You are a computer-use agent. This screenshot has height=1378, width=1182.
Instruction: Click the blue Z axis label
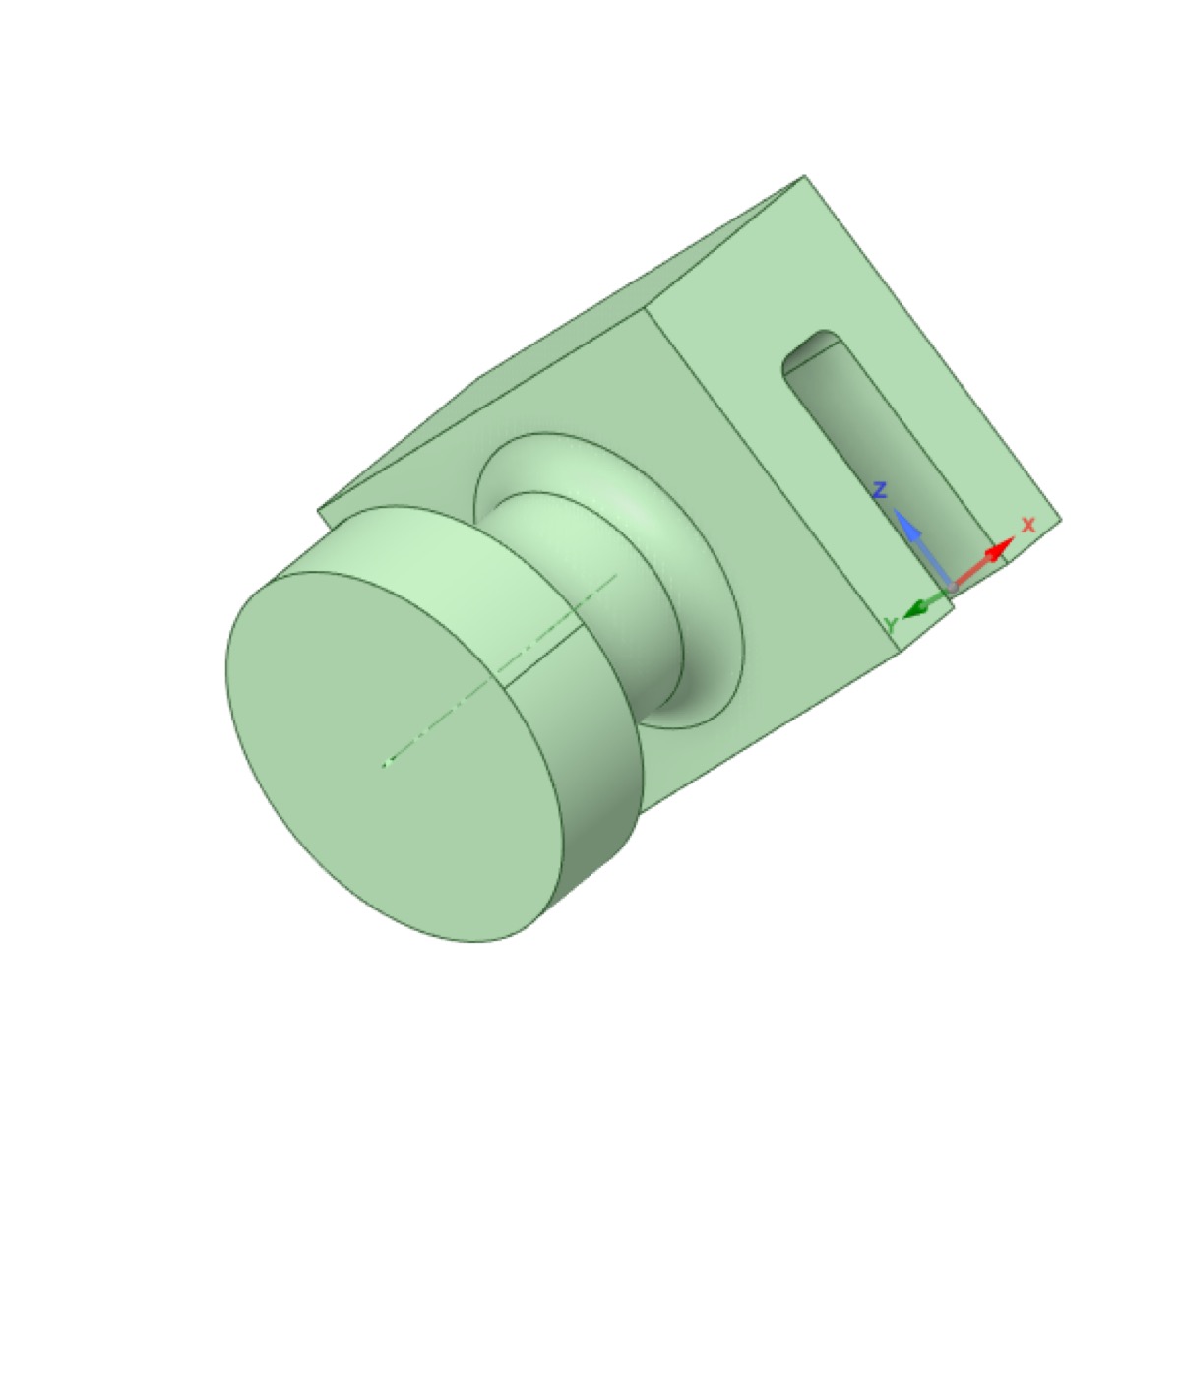(880, 491)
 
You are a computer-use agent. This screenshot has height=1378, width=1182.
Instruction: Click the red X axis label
(1028, 525)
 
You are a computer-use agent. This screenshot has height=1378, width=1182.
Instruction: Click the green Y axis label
(891, 625)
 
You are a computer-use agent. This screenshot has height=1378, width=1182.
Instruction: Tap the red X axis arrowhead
(1000, 548)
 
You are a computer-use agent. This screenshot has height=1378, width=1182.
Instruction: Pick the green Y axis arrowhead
(915, 606)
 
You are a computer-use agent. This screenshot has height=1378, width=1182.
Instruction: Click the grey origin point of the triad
(952, 588)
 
